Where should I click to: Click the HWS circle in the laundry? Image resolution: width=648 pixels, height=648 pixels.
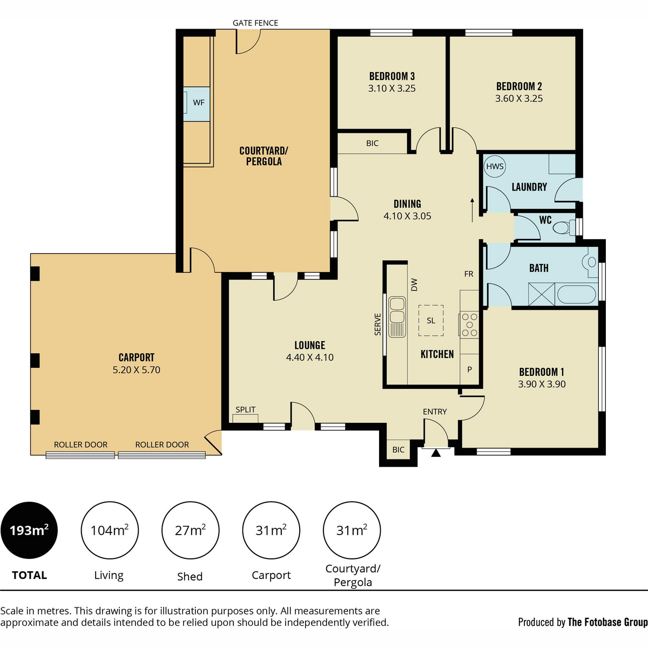(x=495, y=166)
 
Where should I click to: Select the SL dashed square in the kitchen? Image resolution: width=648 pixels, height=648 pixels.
(x=431, y=320)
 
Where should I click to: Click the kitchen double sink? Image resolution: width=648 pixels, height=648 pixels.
(x=397, y=317)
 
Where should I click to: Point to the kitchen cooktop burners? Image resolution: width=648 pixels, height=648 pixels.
(x=469, y=325)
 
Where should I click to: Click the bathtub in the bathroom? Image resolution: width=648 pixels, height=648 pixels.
(x=576, y=295)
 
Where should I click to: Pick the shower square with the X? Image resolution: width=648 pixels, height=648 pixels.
(x=542, y=294)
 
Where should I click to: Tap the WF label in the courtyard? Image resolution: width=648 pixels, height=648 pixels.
(x=199, y=103)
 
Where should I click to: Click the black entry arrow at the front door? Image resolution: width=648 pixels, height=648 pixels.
(x=436, y=453)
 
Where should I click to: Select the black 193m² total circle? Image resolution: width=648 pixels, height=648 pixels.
(x=29, y=530)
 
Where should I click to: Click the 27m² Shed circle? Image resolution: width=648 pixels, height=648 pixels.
(x=190, y=530)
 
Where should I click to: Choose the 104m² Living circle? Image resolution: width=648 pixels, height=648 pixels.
(x=110, y=530)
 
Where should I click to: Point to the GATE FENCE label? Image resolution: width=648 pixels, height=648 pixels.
(x=255, y=23)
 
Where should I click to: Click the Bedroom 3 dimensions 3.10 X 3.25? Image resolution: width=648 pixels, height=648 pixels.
(x=391, y=89)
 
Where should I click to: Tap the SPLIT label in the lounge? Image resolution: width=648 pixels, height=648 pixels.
(x=246, y=409)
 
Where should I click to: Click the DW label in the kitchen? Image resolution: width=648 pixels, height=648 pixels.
(x=414, y=285)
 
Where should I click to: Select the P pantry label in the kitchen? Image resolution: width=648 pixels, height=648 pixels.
(x=469, y=369)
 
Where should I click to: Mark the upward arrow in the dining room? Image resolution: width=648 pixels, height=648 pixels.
(x=472, y=210)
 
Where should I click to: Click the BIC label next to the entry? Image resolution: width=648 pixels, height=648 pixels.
(x=398, y=450)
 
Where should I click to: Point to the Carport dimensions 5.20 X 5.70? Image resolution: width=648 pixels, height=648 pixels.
(x=136, y=370)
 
